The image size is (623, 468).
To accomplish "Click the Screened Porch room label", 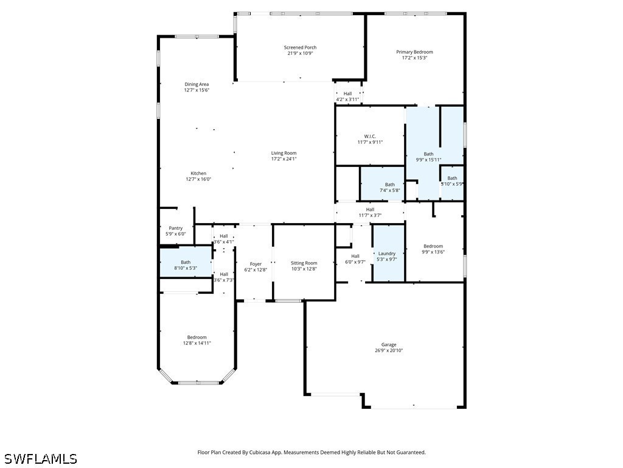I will click(300, 48).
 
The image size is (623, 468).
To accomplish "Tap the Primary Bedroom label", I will click(414, 52).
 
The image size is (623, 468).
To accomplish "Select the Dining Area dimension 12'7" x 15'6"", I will click(197, 90).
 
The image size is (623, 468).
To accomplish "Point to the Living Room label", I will click(284, 153).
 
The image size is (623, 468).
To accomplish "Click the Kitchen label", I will click(198, 173).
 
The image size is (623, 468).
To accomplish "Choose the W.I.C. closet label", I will click(370, 136).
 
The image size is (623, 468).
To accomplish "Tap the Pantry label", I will click(175, 228).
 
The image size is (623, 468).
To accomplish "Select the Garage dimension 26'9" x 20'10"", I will click(389, 350).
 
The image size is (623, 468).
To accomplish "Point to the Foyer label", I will click(256, 264).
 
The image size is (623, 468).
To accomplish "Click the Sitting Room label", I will click(304, 263).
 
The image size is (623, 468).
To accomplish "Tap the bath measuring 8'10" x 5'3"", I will click(186, 264).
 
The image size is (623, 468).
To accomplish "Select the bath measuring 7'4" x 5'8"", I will click(389, 187).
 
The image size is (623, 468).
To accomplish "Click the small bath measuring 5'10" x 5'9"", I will click(452, 181).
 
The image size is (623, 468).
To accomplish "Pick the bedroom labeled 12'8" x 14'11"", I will click(197, 340).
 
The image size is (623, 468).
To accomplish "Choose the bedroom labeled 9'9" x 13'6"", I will click(433, 249).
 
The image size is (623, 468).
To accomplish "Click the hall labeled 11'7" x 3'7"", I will click(370, 212).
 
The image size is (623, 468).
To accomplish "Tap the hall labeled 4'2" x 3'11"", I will click(347, 96).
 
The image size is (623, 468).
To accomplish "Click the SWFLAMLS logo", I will click(40, 458).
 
